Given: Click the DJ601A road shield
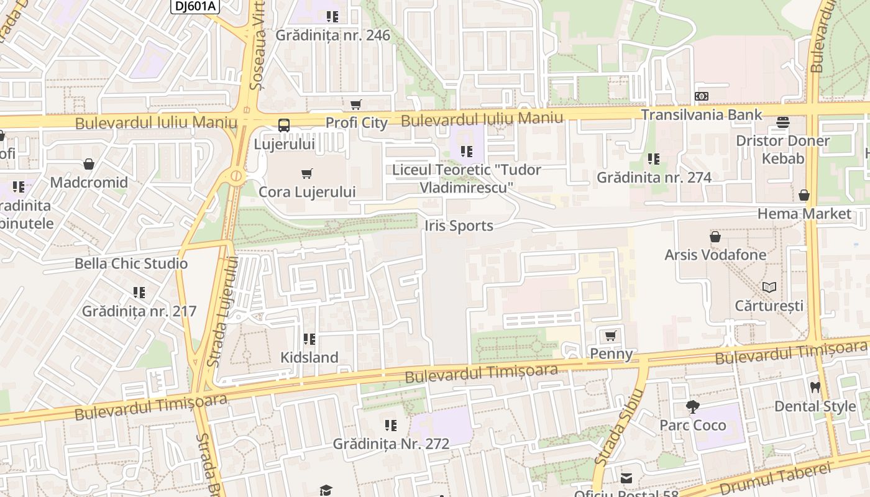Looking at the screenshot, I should (x=195, y=6).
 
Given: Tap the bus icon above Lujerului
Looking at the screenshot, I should (x=283, y=125).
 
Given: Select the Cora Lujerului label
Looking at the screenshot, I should (x=307, y=192).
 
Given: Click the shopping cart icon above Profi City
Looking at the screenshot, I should (x=355, y=104).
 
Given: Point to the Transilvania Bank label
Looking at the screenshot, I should (x=701, y=115).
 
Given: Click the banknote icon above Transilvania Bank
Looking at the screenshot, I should (x=701, y=96).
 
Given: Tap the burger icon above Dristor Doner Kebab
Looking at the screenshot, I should (x=782, y=122).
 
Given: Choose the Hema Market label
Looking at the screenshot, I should (x=804, y=214).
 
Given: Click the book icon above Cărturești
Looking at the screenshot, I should (x=769, y=287).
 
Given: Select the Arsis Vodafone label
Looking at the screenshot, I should (x=715, y=255).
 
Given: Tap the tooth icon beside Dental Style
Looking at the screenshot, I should (x=815, y=387).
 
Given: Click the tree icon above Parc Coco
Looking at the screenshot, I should (x=692, y=407).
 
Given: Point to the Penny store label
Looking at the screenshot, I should (x=611, y=354).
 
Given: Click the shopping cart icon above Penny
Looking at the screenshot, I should (x=610, y=336).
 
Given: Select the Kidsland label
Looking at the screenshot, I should (x=309, y=357).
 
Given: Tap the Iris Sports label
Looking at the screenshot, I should (x=459, y=226).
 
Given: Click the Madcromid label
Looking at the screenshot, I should (x=89, y=183).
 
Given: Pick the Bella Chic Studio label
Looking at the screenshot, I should (x=131, y=263).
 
